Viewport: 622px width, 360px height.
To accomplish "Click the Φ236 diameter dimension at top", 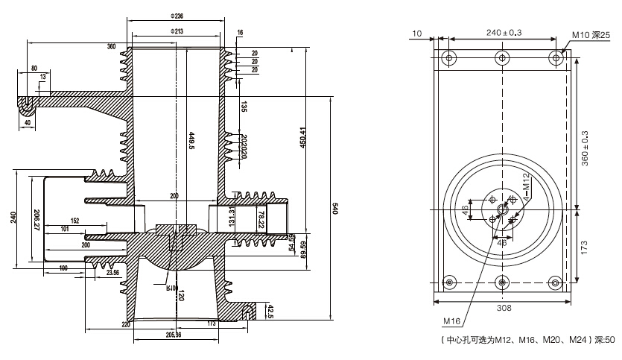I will coord(177,16).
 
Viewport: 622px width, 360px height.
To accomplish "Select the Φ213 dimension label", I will coord(177,32).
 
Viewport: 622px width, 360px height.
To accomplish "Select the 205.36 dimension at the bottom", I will coord(174,335).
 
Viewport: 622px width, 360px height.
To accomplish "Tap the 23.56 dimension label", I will coord(113,273).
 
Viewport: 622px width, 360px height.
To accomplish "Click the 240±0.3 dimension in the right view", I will coord(504,34).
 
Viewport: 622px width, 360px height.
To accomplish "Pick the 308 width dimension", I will coord(504,307).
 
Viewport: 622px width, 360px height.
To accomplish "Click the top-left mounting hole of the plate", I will coord(448,57).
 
